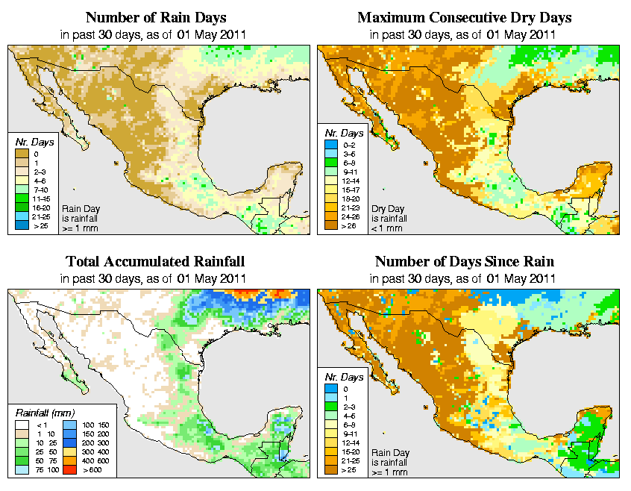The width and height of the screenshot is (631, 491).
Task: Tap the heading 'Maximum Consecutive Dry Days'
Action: click(x=464, y=17)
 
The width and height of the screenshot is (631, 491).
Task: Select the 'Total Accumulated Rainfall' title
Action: click(x=155, y=262)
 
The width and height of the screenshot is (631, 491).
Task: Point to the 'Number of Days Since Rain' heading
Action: click(x=464, y=262)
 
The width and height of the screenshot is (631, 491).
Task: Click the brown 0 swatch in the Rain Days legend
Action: click(x=21, y=153)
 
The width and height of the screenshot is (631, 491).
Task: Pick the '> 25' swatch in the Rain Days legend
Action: click(x=21, y=225)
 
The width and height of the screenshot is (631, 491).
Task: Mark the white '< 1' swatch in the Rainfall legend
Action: click(x=21, y=425)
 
